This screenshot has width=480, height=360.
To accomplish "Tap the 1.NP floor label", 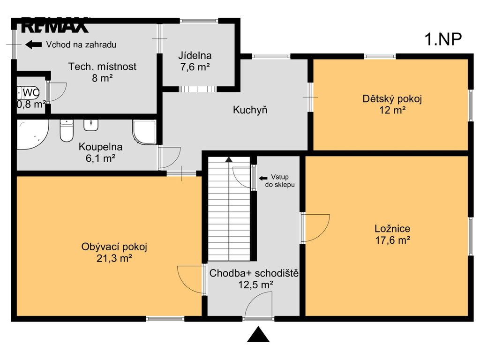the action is pyautogui.click(x=443, y=39).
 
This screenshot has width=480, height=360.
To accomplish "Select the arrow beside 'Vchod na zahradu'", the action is pyautogui.click(x=33, y=45).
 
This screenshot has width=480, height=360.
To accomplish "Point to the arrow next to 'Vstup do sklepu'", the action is pyautogui.click(x=263, y=178).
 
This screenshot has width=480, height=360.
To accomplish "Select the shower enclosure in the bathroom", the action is pyautogui.click(x=144, y=132).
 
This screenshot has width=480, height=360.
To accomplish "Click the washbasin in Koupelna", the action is pyautogui.click(x=91, y=125).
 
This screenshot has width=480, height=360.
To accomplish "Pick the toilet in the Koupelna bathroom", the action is pyautogui.click(x=67, y=131).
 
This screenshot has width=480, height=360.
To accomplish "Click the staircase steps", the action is pyautogui.click(x=229, y=209).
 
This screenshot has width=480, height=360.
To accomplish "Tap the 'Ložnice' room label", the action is pyautogui.click(x=392, y=228).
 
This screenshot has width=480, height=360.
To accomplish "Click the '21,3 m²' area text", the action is pyautogui.click(x=114, y=259).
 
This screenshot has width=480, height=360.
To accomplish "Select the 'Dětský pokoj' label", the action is pyautogui.click(x=392, y=99).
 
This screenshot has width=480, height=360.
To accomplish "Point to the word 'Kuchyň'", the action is pyautogui.click(x=250, y=110).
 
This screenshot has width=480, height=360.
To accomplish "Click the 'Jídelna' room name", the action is pyautogui.click(x=195, y=56).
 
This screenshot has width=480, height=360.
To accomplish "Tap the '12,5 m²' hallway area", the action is pyautogui.click(x=256, y=285).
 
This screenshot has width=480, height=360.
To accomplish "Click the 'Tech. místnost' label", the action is pyautogui.click(x=102, y=67).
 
